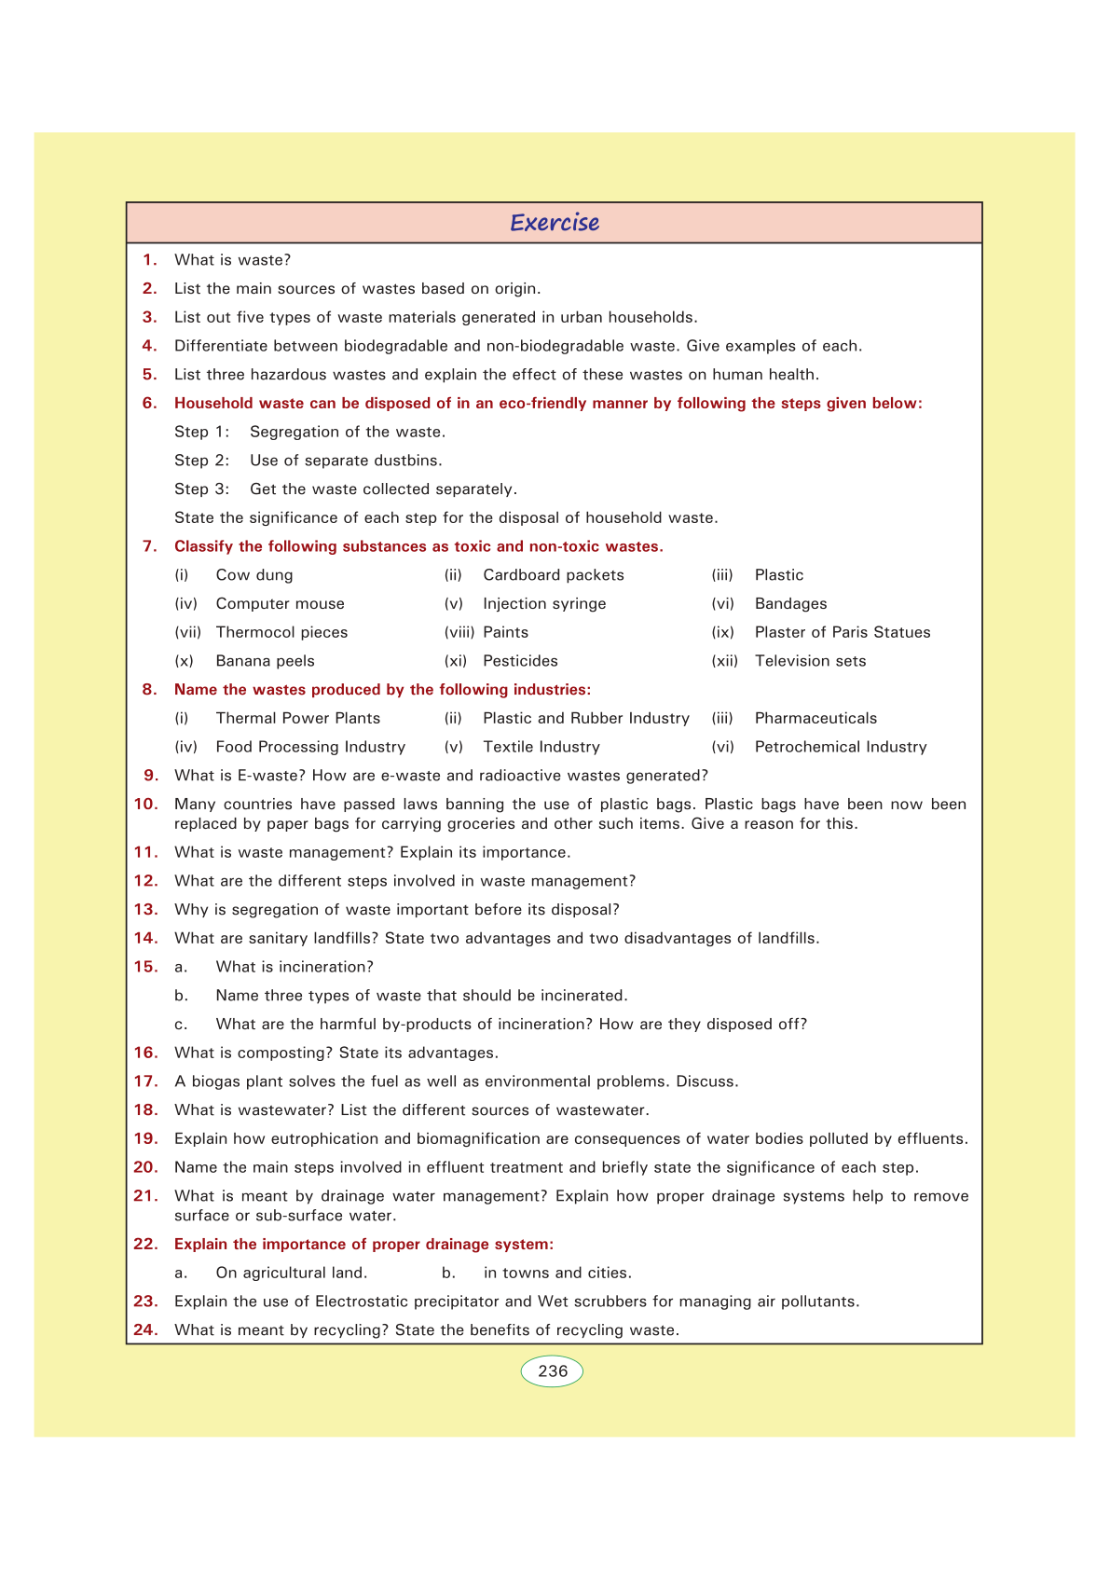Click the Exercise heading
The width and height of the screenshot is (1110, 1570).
pos(555,223)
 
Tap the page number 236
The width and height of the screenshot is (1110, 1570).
pos(553,1371)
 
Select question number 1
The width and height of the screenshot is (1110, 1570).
pos(149,260)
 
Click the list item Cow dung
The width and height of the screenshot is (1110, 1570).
pos(254,575)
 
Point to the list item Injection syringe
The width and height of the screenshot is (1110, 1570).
pos(544,604)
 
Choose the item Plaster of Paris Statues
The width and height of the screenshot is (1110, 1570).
pos(843,632)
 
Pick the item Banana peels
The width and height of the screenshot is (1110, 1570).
pos(266,661)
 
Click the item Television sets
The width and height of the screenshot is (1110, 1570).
pos(810,661)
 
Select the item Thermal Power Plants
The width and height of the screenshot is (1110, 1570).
pos(298,719)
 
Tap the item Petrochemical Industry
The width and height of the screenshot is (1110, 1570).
pos(841,747)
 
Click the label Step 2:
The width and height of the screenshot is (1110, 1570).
pos(201,461)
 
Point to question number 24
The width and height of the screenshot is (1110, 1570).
pos(145,1330)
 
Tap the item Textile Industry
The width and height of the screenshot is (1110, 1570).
pos(541,747)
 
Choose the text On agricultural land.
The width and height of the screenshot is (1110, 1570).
pos(292,1274)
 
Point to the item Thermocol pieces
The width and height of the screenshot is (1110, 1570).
pos(281,632)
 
